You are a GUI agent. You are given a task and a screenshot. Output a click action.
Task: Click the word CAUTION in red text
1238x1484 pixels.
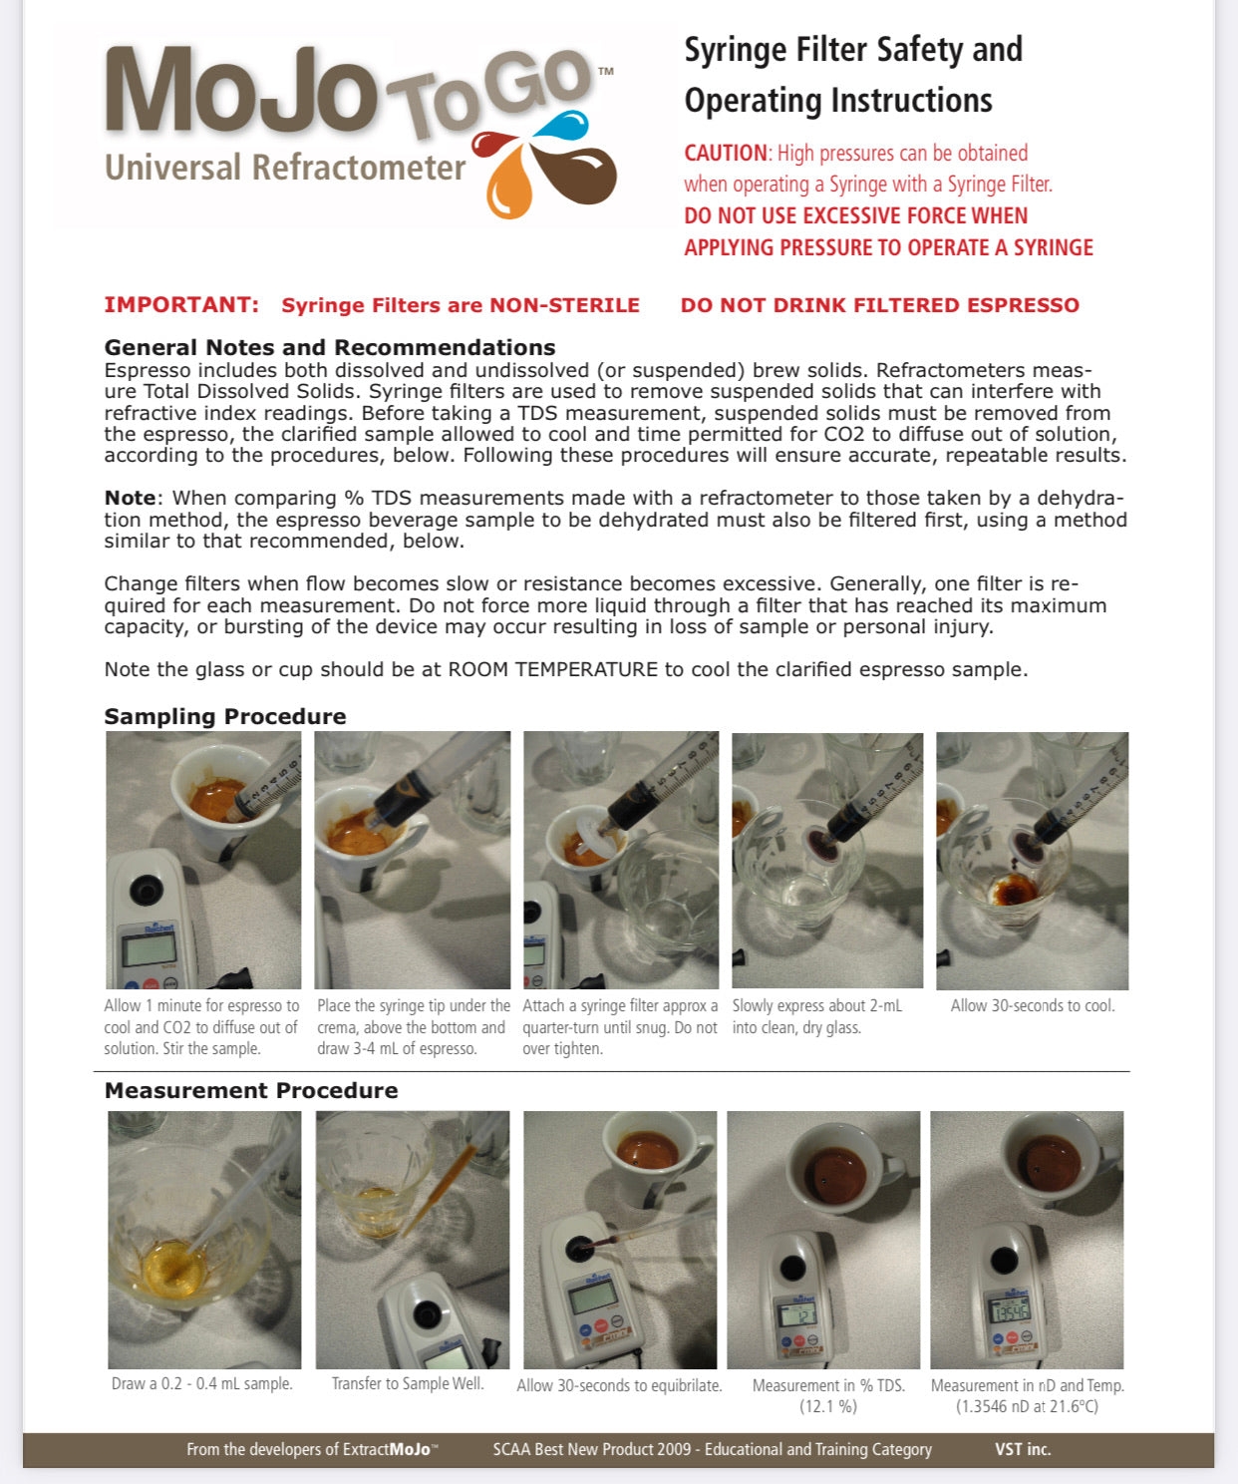[x=725, y=154]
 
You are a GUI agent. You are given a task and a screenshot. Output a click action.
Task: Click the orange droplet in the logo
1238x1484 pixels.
[x=509, y=187]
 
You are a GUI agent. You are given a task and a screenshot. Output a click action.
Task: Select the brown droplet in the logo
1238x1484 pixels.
[x=583, y=176]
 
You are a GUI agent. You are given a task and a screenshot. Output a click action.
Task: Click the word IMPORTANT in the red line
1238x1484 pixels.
[x=181, y=305]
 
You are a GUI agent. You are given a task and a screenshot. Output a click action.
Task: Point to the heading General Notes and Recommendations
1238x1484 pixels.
[x=330, y=348]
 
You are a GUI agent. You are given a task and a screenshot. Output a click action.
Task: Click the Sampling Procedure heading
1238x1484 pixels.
[x=225, y=716]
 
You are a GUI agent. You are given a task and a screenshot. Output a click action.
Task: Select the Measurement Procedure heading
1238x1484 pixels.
[x=251, y=1090]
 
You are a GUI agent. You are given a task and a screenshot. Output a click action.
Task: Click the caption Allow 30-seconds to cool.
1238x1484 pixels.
[x=1032, y=1005]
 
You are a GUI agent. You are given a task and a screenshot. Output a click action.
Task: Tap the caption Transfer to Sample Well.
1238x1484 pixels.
[x=408, y=1383]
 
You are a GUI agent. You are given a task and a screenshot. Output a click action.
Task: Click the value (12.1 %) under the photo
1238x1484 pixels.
[x=827, y=1406]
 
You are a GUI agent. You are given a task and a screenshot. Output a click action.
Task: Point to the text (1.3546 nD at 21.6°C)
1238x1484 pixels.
[x=1027, y=1406]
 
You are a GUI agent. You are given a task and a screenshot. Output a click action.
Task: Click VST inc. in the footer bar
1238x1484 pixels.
[x=1022, y=1449]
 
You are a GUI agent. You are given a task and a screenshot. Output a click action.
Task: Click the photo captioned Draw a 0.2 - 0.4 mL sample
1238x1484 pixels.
[x=204, y=1239]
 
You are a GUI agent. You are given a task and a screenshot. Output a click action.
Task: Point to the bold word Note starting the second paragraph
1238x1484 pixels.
[x=130, y=498]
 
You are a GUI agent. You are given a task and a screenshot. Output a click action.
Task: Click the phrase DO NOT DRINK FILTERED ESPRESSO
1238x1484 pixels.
[x=879, y=305]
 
